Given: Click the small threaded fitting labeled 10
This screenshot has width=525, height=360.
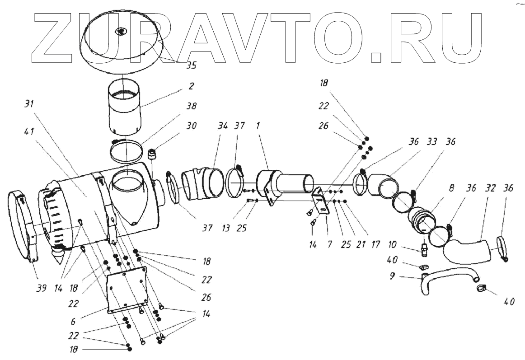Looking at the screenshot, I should [x=424, y=247].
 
